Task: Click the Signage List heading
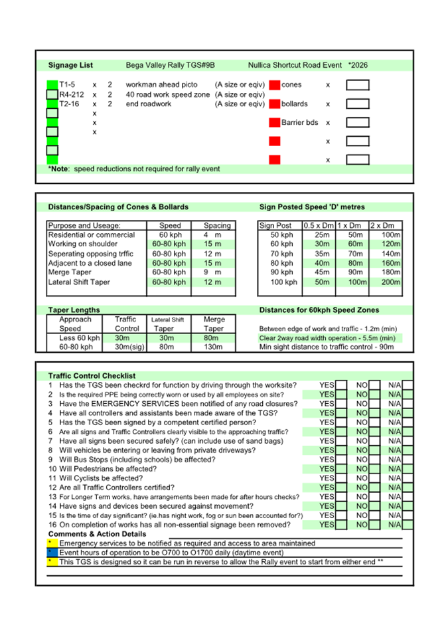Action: click(x=70, y=66)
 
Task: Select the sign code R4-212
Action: click(x=72, y=94)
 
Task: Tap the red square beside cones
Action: click(x=275, y=85)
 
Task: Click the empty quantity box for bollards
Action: click(x=358, y=104)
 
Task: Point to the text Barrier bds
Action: click(x=299, y=123)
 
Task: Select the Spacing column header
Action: click(x=217, y=226)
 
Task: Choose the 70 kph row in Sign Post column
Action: click(x=281, y=254)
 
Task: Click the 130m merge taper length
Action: click(x=214, y=347)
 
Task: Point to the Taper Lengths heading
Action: click(x=74, y=310)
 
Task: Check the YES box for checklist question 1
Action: click(x=341, y=385)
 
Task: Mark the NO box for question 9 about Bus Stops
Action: click(x=374, y=460)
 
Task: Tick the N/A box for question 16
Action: click(x=408, y=525)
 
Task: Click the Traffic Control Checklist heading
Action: click(x=92, y=376)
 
